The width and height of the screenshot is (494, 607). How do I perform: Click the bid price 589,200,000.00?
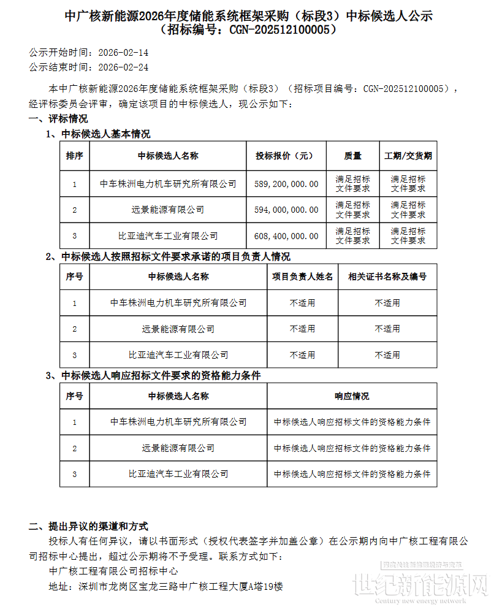286,184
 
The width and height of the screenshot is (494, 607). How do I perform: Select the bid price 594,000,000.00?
286,210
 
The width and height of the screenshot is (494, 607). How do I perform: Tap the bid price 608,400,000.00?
286,236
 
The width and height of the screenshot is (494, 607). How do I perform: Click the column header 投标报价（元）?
286,156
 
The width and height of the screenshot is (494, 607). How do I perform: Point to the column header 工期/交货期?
408,156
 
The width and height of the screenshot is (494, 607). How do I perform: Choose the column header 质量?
353,156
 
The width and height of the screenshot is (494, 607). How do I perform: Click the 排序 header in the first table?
75,156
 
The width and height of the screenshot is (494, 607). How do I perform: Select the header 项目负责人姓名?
303,277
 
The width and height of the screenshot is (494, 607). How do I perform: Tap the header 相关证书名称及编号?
387,277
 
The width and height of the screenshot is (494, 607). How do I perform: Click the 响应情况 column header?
352,397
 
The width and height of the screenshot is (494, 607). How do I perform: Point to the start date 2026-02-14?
123,54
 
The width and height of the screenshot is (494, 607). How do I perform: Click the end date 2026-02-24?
123,67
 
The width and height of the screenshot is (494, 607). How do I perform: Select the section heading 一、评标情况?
58,119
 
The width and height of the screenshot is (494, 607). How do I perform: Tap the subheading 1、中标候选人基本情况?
98,134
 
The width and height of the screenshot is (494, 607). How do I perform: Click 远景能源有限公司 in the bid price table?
168,210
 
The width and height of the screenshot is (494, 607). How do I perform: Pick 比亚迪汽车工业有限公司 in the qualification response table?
178,474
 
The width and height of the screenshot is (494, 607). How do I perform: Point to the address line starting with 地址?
165,586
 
